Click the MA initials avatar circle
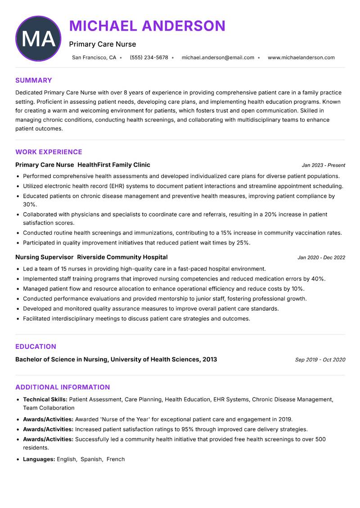[x=38, y=39]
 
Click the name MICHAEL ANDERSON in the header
[x=147, y=26]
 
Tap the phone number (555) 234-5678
[x=148, y=58]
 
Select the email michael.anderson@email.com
[x=218, y=58]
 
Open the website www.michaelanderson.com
[x=301, y=58]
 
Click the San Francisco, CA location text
[x=94, y=58]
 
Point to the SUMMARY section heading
[x=34, y=80]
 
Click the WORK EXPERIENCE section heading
[x=49, y=152]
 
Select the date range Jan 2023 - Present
[x=323, y=165]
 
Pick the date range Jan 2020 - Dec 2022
[x=321, y=258]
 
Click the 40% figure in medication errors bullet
[x=318, y=279]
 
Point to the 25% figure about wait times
[x=243, y=243]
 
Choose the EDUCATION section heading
[x=36, y=347]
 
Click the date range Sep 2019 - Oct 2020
[x=320, y=360]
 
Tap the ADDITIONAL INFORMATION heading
[x=63, y=387]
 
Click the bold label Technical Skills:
[x=45, y=399]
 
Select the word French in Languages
[x=116, y=459]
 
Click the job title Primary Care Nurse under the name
[x=102, y=44]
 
